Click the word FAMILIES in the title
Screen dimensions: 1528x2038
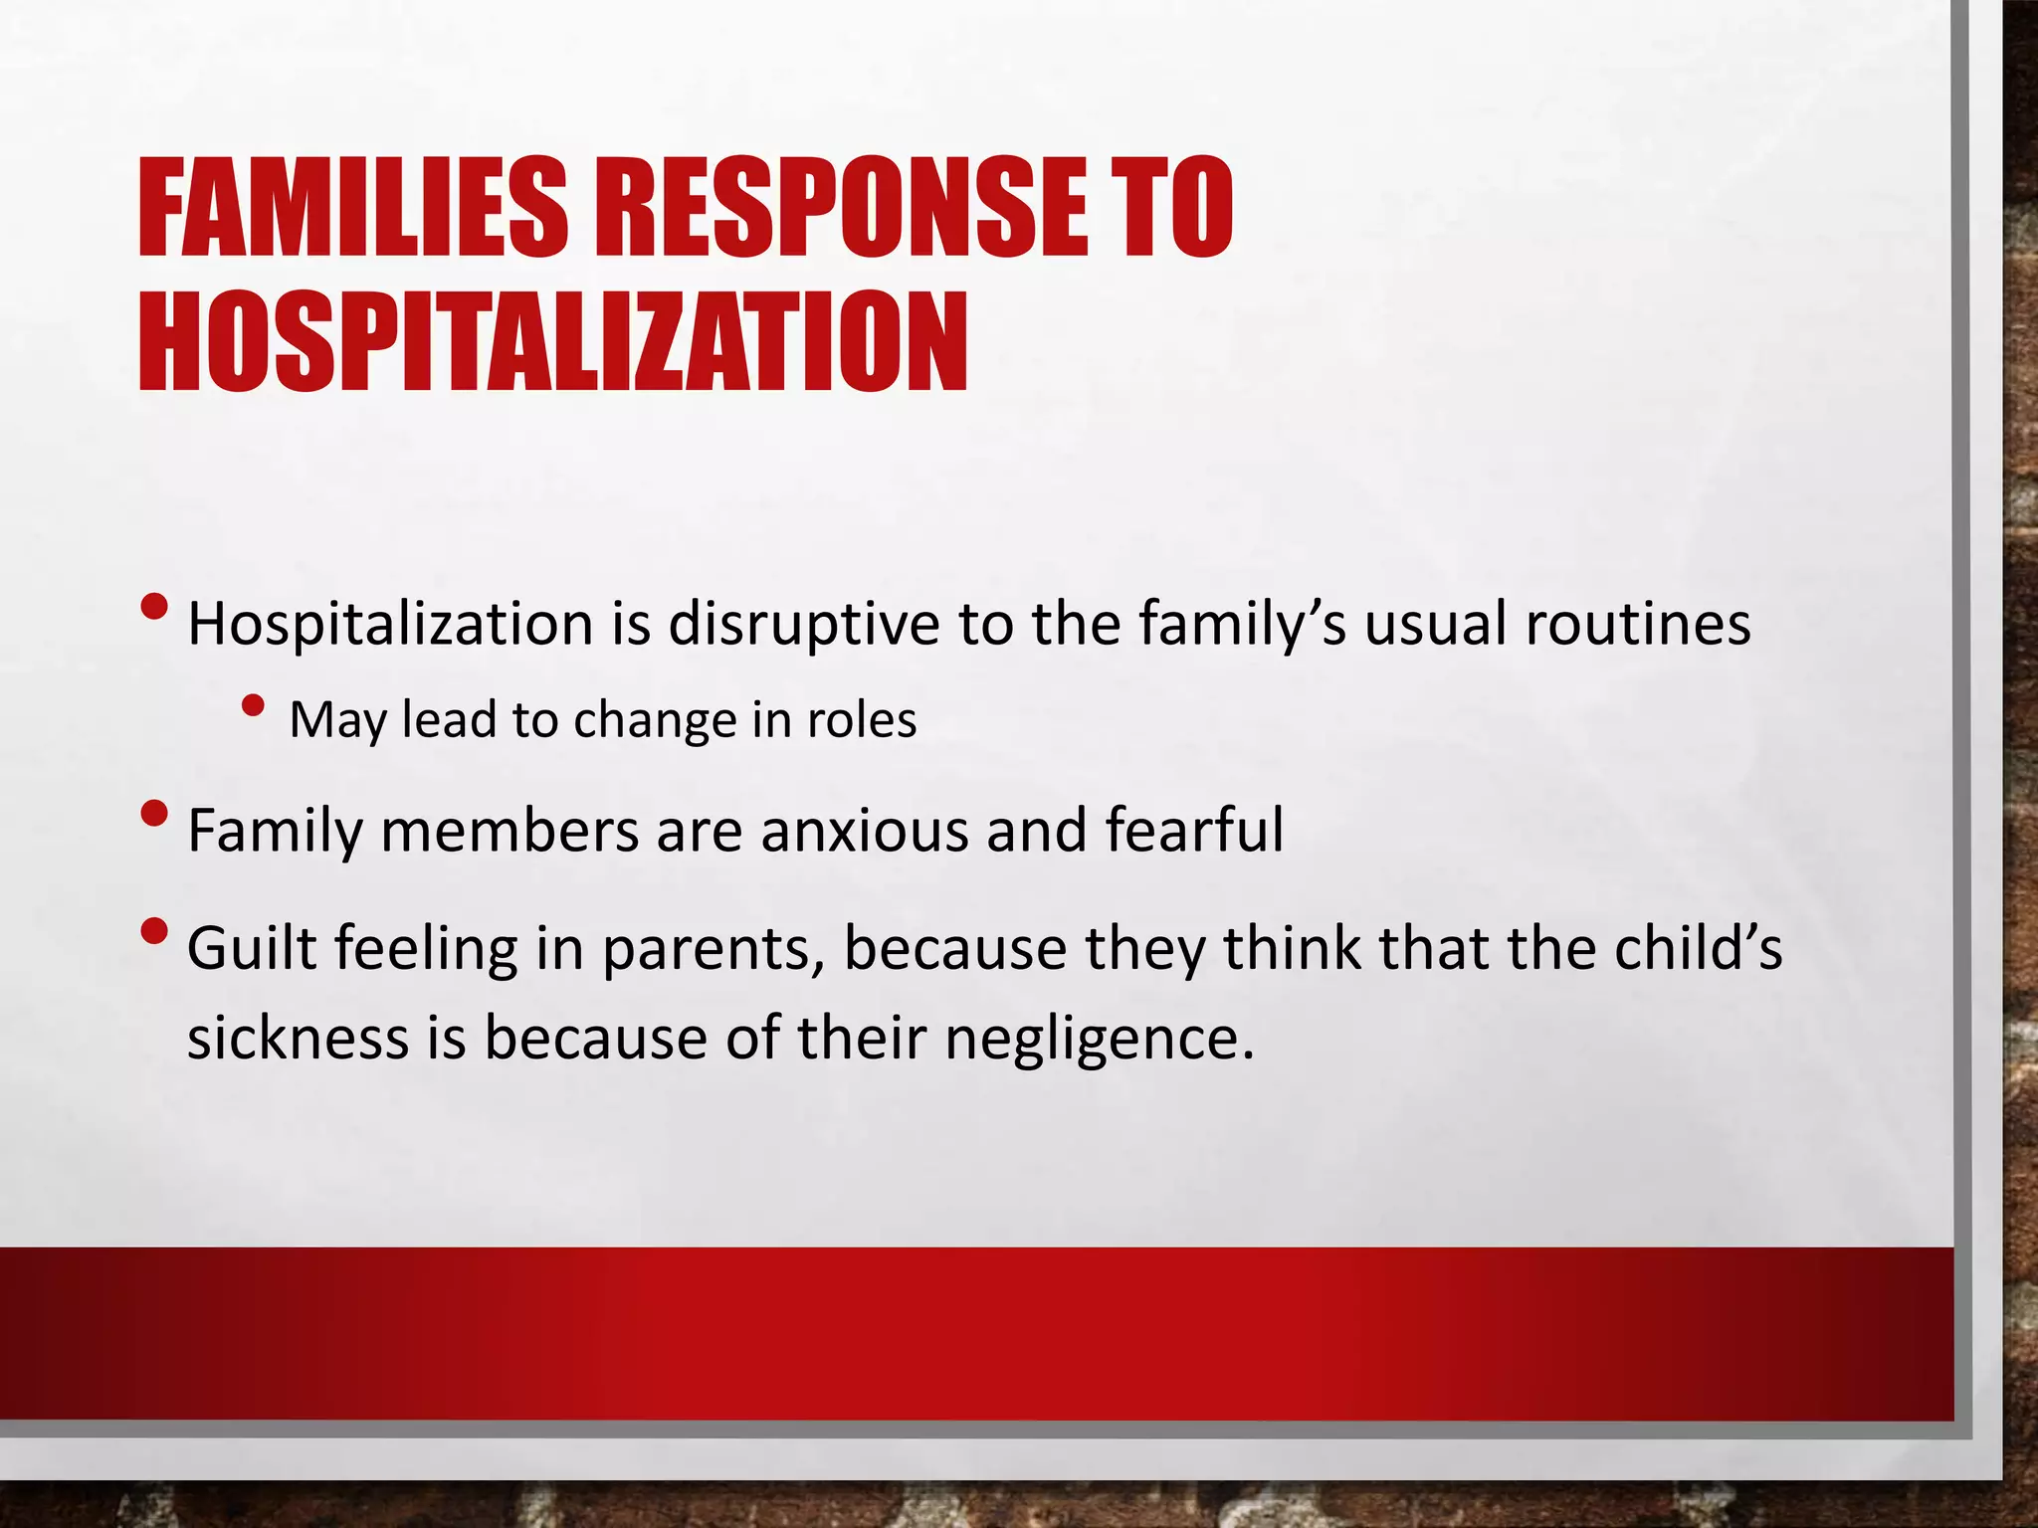click(353, 209)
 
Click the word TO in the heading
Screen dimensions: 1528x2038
click(1171, 209)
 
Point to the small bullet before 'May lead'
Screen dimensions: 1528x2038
click(253, 705)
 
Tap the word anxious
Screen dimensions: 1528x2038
click(864, 831)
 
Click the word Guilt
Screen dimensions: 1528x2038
click(251, 948)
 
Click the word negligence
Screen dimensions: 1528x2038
click(1100, 1040)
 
